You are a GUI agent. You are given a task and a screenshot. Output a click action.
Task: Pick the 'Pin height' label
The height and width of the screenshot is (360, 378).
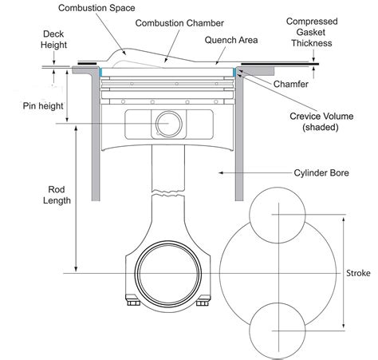click(x=40, y=105)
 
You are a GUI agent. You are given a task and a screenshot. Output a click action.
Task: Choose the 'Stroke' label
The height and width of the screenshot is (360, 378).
click(x=358, y=273)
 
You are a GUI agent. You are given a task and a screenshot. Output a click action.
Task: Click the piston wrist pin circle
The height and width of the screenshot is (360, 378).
click(x=169, y=124)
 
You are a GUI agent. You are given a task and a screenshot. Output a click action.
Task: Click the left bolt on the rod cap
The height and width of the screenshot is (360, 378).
click(x=130, y=303)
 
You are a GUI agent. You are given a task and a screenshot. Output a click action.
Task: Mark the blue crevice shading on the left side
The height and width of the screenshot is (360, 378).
click(x=101, y=73)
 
